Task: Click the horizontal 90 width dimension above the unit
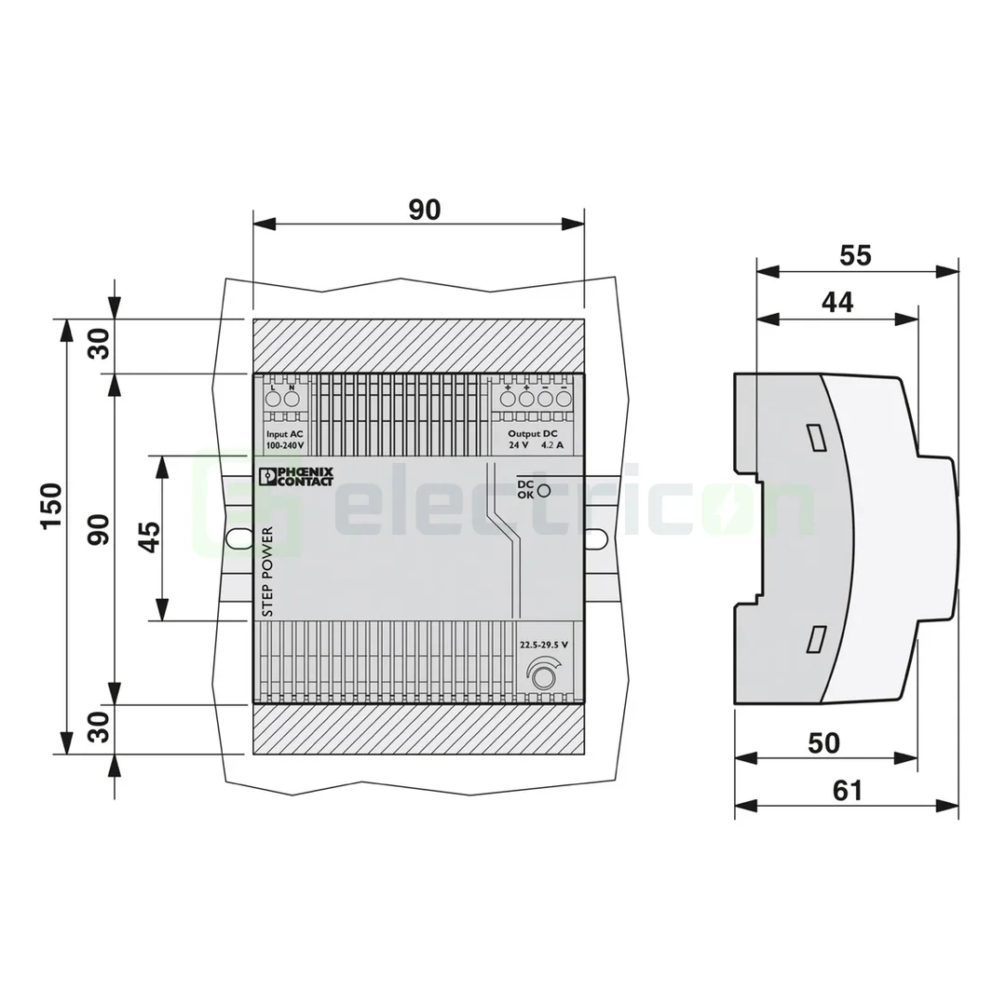point(424,210)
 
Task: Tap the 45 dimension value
point(149,537)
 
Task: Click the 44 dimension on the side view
point(837,303)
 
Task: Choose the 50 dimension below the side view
point(824,742)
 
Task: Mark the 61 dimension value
point(847,790)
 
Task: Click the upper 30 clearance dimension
point(99,345)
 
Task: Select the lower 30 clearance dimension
point(99,727)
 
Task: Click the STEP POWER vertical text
point(267,573)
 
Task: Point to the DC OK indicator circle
point(544,491)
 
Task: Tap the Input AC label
point(284,435)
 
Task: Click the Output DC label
point(533,434)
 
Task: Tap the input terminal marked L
point(273,399)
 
